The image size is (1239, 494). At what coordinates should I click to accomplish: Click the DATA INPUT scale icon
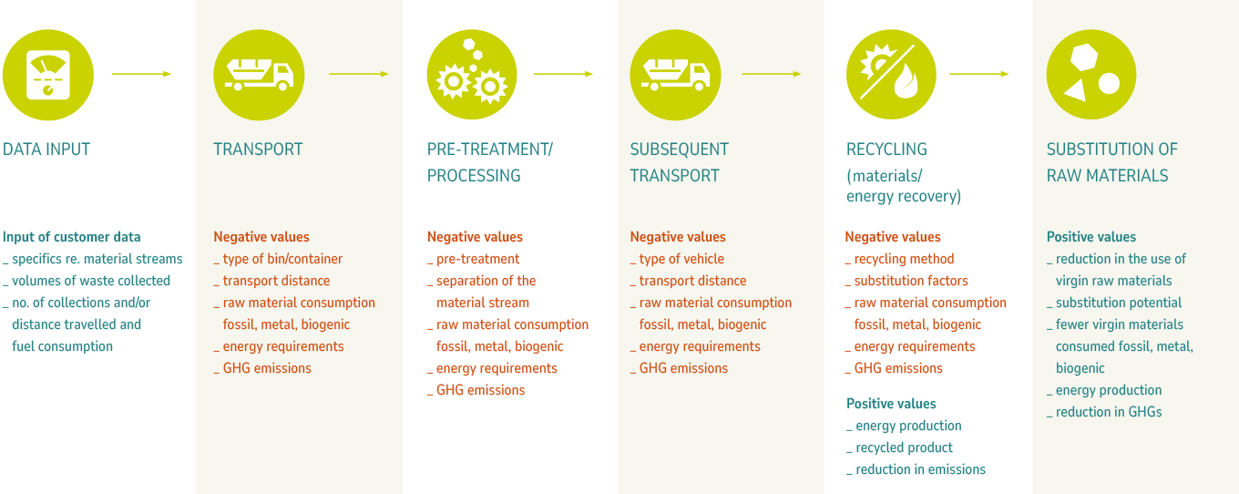pos(47,75)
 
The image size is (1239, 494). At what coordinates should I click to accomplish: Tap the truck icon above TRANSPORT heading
pos(258,75)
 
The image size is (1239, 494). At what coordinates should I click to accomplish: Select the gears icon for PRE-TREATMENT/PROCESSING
pos(471,75)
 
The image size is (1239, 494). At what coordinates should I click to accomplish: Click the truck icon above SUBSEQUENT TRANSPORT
pos(675,75)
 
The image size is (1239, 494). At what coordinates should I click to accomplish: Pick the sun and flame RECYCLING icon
pos(891,75)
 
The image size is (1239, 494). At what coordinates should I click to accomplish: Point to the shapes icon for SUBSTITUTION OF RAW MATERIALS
pos(1091,75)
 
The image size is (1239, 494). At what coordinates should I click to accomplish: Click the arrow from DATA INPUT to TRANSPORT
pos(141,74)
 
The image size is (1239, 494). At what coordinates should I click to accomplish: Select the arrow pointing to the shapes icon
pos(978,74)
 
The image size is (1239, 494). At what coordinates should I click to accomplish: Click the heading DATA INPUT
pos(46,149)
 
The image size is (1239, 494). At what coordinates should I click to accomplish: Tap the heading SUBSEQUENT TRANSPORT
pos(679,162)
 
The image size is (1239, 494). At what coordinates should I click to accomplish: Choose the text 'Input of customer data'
pos(72,237)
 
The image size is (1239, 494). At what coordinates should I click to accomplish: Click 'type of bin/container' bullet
pos(282,259)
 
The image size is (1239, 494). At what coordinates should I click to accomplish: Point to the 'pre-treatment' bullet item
pos(477,259)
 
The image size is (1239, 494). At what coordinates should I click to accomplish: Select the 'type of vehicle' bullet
pos(681,259)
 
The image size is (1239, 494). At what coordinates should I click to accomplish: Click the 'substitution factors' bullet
pos(911,281)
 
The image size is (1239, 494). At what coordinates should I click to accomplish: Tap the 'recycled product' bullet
pos(904,448)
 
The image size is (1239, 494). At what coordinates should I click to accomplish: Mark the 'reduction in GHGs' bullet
pos(1109,412)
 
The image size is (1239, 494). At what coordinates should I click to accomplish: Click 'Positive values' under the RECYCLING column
pos(891,404)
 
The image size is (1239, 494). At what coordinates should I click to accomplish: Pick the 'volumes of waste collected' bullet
pos(91,281)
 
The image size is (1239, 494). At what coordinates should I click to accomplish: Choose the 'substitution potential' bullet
pos(1119,303)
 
